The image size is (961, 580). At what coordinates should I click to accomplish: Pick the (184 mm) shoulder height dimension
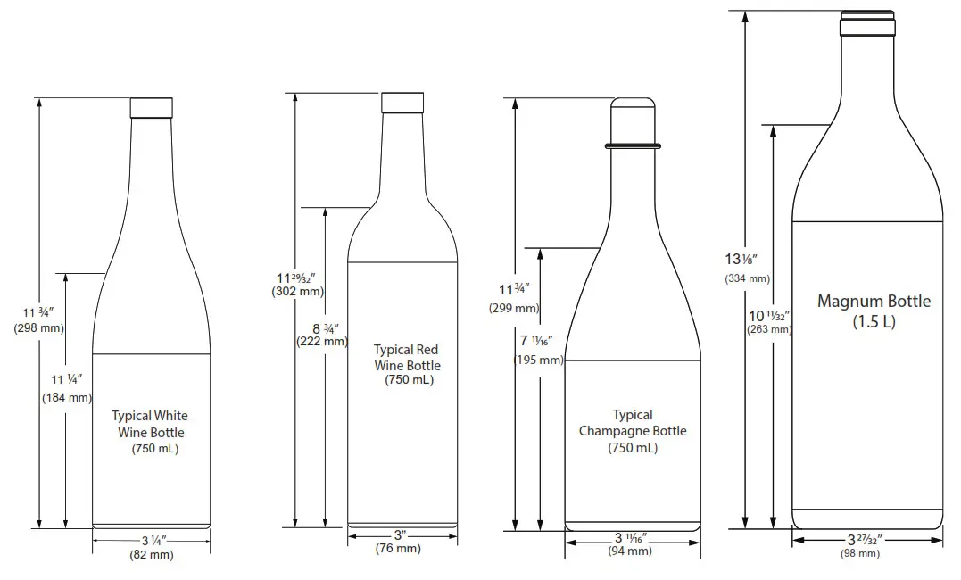pos(67,397)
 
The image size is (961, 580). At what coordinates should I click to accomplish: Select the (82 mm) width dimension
pos(151,555)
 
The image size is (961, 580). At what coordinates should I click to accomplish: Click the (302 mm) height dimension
pos(298,291)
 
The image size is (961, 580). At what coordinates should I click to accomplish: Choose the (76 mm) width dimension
pos(398,548)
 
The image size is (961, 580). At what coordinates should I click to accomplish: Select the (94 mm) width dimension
pos(630,551)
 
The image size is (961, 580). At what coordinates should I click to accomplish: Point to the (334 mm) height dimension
pos(746,278)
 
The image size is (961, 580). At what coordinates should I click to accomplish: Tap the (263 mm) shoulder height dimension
pos(769,328)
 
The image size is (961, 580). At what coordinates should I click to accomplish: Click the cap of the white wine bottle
pos(151,107)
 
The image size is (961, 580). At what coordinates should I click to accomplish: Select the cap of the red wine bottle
pos(402,102)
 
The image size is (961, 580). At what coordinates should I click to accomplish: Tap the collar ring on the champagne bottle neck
pos(633,145)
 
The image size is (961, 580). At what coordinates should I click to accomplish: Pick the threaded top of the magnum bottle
pos(867,23)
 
